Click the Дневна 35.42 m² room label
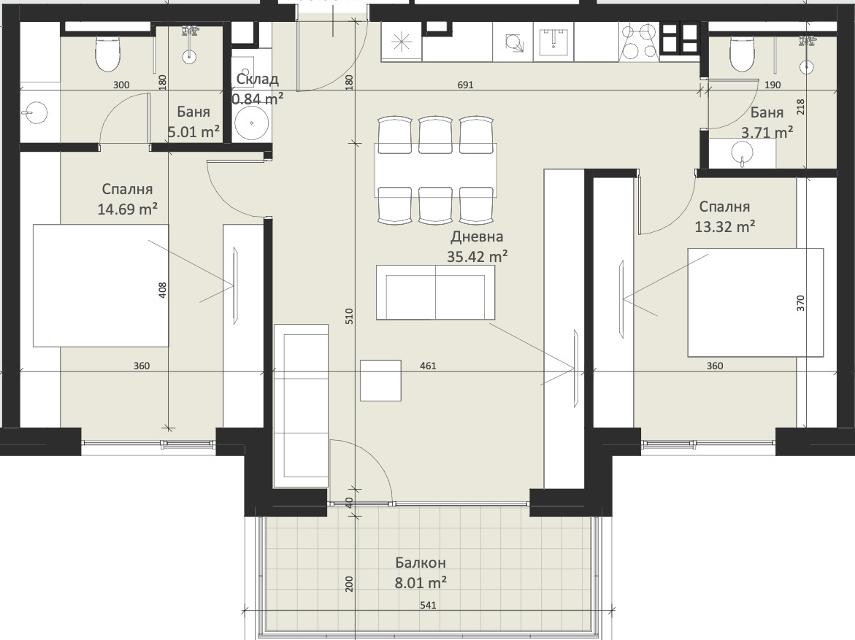[477, 247]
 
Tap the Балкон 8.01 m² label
[421, 572]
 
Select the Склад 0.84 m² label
[257, 89]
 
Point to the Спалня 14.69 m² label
[128, 199]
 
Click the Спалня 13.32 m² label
[725, 217]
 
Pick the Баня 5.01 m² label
[193, 122]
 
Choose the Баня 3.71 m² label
[767, 122]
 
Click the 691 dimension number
[465, 85]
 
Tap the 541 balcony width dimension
[428, 605]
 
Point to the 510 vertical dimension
[350, 316]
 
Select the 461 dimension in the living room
[428, 366]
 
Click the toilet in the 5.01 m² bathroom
[107, 53]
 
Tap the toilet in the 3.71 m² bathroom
[742, 54]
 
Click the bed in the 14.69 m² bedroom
[101, 285]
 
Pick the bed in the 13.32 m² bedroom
[755, 303]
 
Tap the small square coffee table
[380, 380]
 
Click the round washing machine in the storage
[251, 123]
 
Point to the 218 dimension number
[800, 107]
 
